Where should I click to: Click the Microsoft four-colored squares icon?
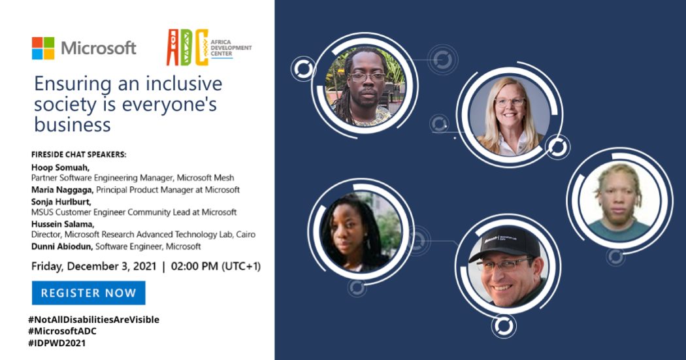43,48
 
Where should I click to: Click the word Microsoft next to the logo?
98,48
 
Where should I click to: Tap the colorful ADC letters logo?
187,47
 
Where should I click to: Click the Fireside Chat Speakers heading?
78,155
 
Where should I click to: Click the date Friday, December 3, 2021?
95,267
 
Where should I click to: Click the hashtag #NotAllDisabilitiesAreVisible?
93,319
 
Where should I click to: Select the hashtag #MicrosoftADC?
62,331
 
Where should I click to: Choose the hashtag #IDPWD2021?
56,343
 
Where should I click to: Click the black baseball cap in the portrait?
504,247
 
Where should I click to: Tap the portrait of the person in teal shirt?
618,202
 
